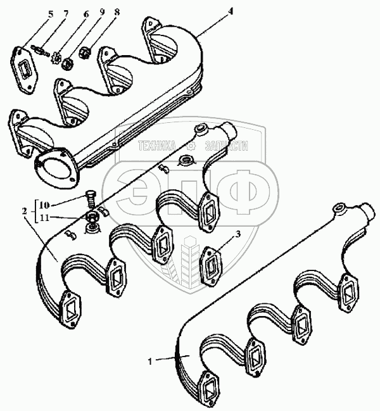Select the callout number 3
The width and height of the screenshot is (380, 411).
[237, 234]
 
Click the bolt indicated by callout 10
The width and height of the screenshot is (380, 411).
[90, 196]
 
